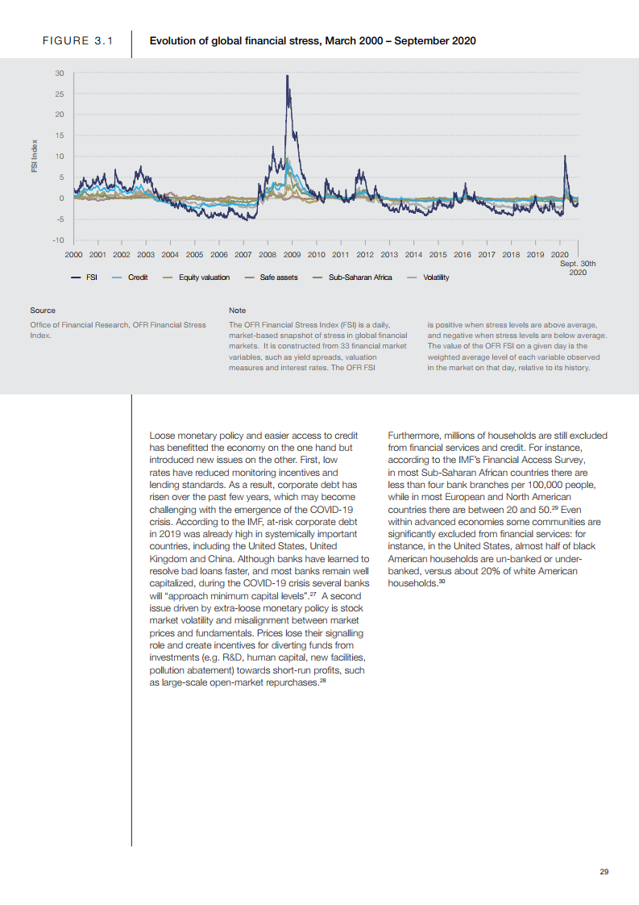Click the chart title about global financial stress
(x=313, y=41)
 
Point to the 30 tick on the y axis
(x=60, y=73)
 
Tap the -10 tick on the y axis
(x=58, y=240)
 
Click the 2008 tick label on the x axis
(x=268, y=254)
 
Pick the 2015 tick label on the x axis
(x=438, y=254)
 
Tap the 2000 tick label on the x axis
(x=73, y=254)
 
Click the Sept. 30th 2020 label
(x=578, y=268)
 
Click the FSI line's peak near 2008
(x=287, y=76)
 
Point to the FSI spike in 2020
(x=565, y=156)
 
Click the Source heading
(x=43, y=310)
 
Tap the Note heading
(x=237, y=310)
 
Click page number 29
(x=604, y=870)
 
